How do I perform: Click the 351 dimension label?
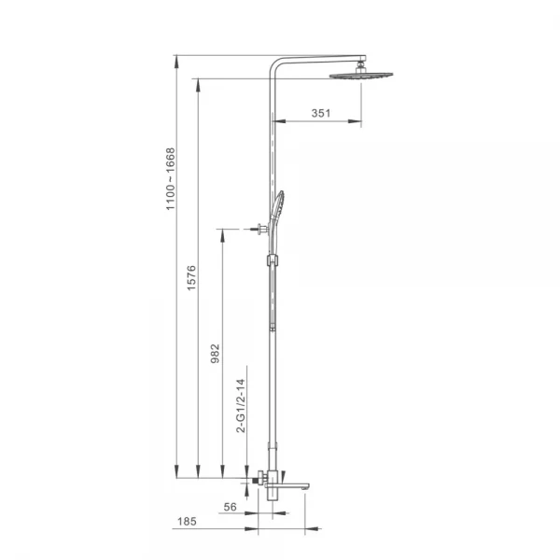click(321, 113)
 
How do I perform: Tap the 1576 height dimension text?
click(191, 278)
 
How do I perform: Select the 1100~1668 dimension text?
click(171, 179)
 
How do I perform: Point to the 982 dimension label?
click(215, 354)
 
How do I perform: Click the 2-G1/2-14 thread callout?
click(241, 406)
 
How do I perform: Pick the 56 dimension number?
click(230, 507)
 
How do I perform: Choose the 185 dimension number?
click(187, 522)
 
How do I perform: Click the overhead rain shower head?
click(360, 76)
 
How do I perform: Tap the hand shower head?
click(278, 205)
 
